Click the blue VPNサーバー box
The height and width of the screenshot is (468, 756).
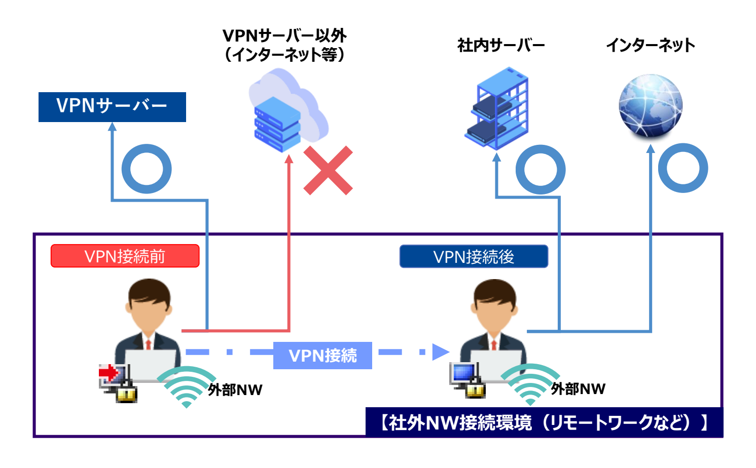point(112,107)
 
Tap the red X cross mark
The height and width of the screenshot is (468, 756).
point(328,171)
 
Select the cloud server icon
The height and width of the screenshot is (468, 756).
point(287,111)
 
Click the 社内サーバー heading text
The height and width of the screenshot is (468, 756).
point(501,46)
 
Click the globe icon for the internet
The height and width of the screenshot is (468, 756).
point(651,106)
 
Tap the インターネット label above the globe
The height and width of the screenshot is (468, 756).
point(651,46)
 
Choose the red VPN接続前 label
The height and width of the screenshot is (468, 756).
point(125,256)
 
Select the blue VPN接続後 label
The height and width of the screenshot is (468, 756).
point(474,257)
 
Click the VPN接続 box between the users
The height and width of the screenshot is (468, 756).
point(322,356)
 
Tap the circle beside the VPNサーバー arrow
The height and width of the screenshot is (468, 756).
point(147,169)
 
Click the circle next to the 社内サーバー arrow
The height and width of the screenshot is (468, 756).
point(541,169)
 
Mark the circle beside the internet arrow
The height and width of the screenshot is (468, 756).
point(683,168)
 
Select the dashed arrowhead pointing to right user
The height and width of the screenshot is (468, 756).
point(440,352)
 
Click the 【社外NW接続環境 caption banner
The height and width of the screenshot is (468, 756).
point(544,422)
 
